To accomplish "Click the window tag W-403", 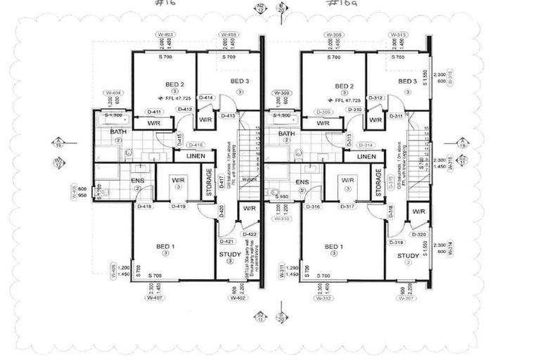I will pyautogui.click(x=165, y=34).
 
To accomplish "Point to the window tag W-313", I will pyautogui.click(x=397, y=34).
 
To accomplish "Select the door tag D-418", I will pyautogui.click(x=145, y=206).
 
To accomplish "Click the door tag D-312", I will pyautogui.click(x=376, y=98).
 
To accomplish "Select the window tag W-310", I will pyautogui.click(x=281, y=218).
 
